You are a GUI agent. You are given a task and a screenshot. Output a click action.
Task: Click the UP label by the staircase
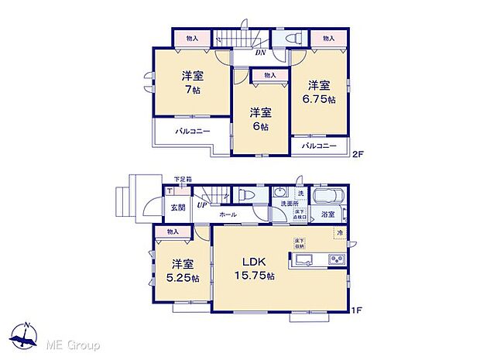click(x=201, y=204)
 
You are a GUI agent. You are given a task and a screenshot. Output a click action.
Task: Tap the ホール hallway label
click(x=228, y=214)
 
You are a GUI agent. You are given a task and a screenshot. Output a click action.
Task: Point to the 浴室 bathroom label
click(x=327, y=214)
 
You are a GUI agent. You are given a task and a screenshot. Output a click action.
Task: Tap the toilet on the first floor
click(x=247, y=196)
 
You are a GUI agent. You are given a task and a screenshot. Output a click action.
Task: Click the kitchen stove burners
click(x=338, y=259)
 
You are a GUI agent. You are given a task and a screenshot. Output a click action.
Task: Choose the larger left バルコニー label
click(x=192, y=132)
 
